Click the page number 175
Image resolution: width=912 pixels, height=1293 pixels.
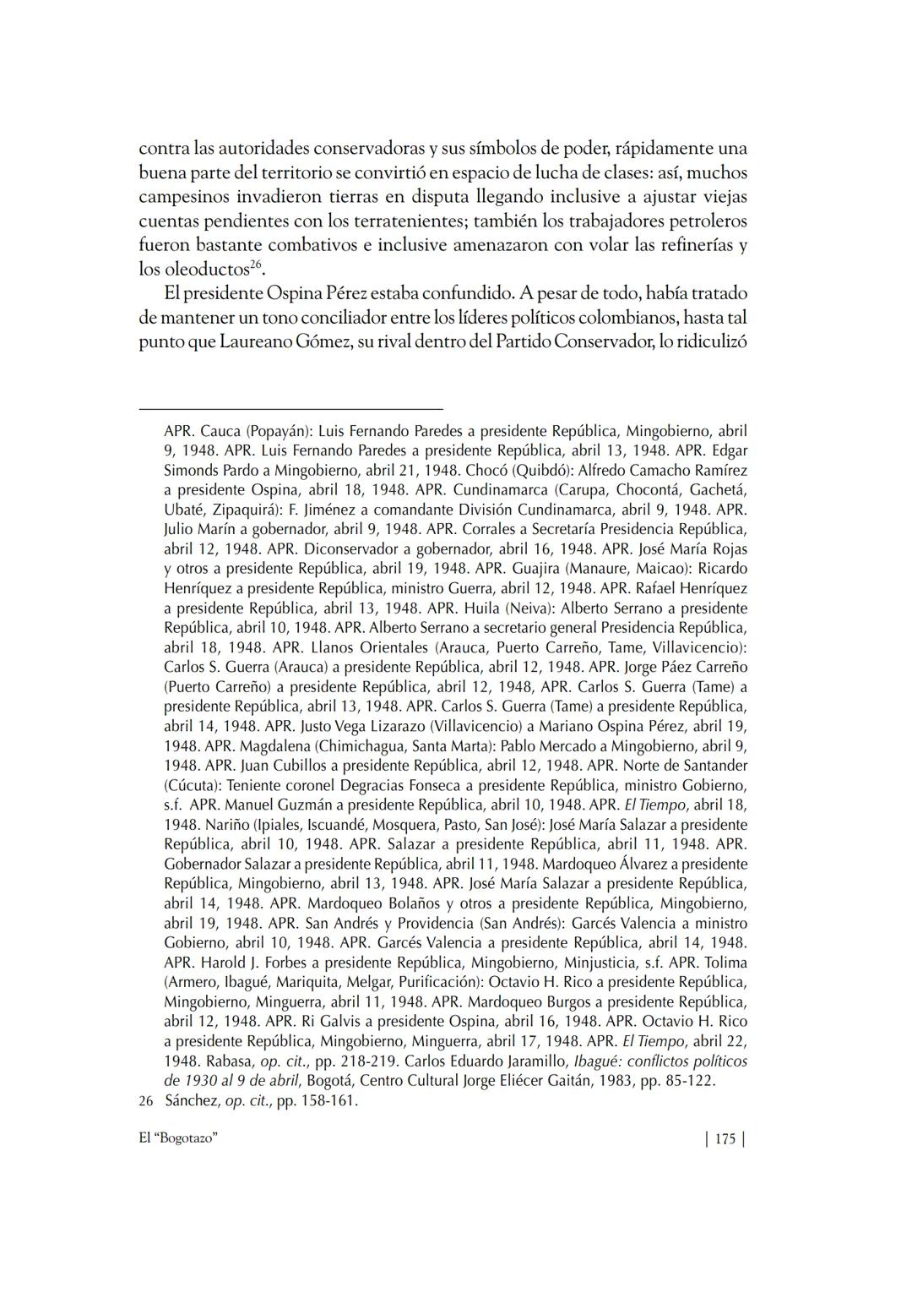pos(725,1139)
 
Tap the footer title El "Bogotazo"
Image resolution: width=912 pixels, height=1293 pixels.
pos(179,1139)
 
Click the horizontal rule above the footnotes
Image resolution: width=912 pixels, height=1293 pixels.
pos(291,409)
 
